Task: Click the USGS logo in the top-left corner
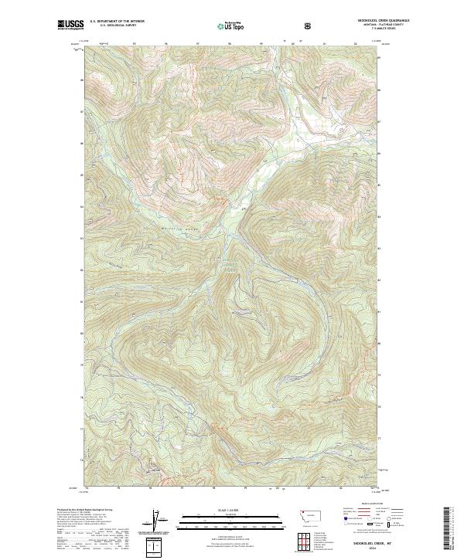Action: coord(71,25)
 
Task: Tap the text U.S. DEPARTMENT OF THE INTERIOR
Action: coord(116,22)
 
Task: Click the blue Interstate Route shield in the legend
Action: coord(341,521)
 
